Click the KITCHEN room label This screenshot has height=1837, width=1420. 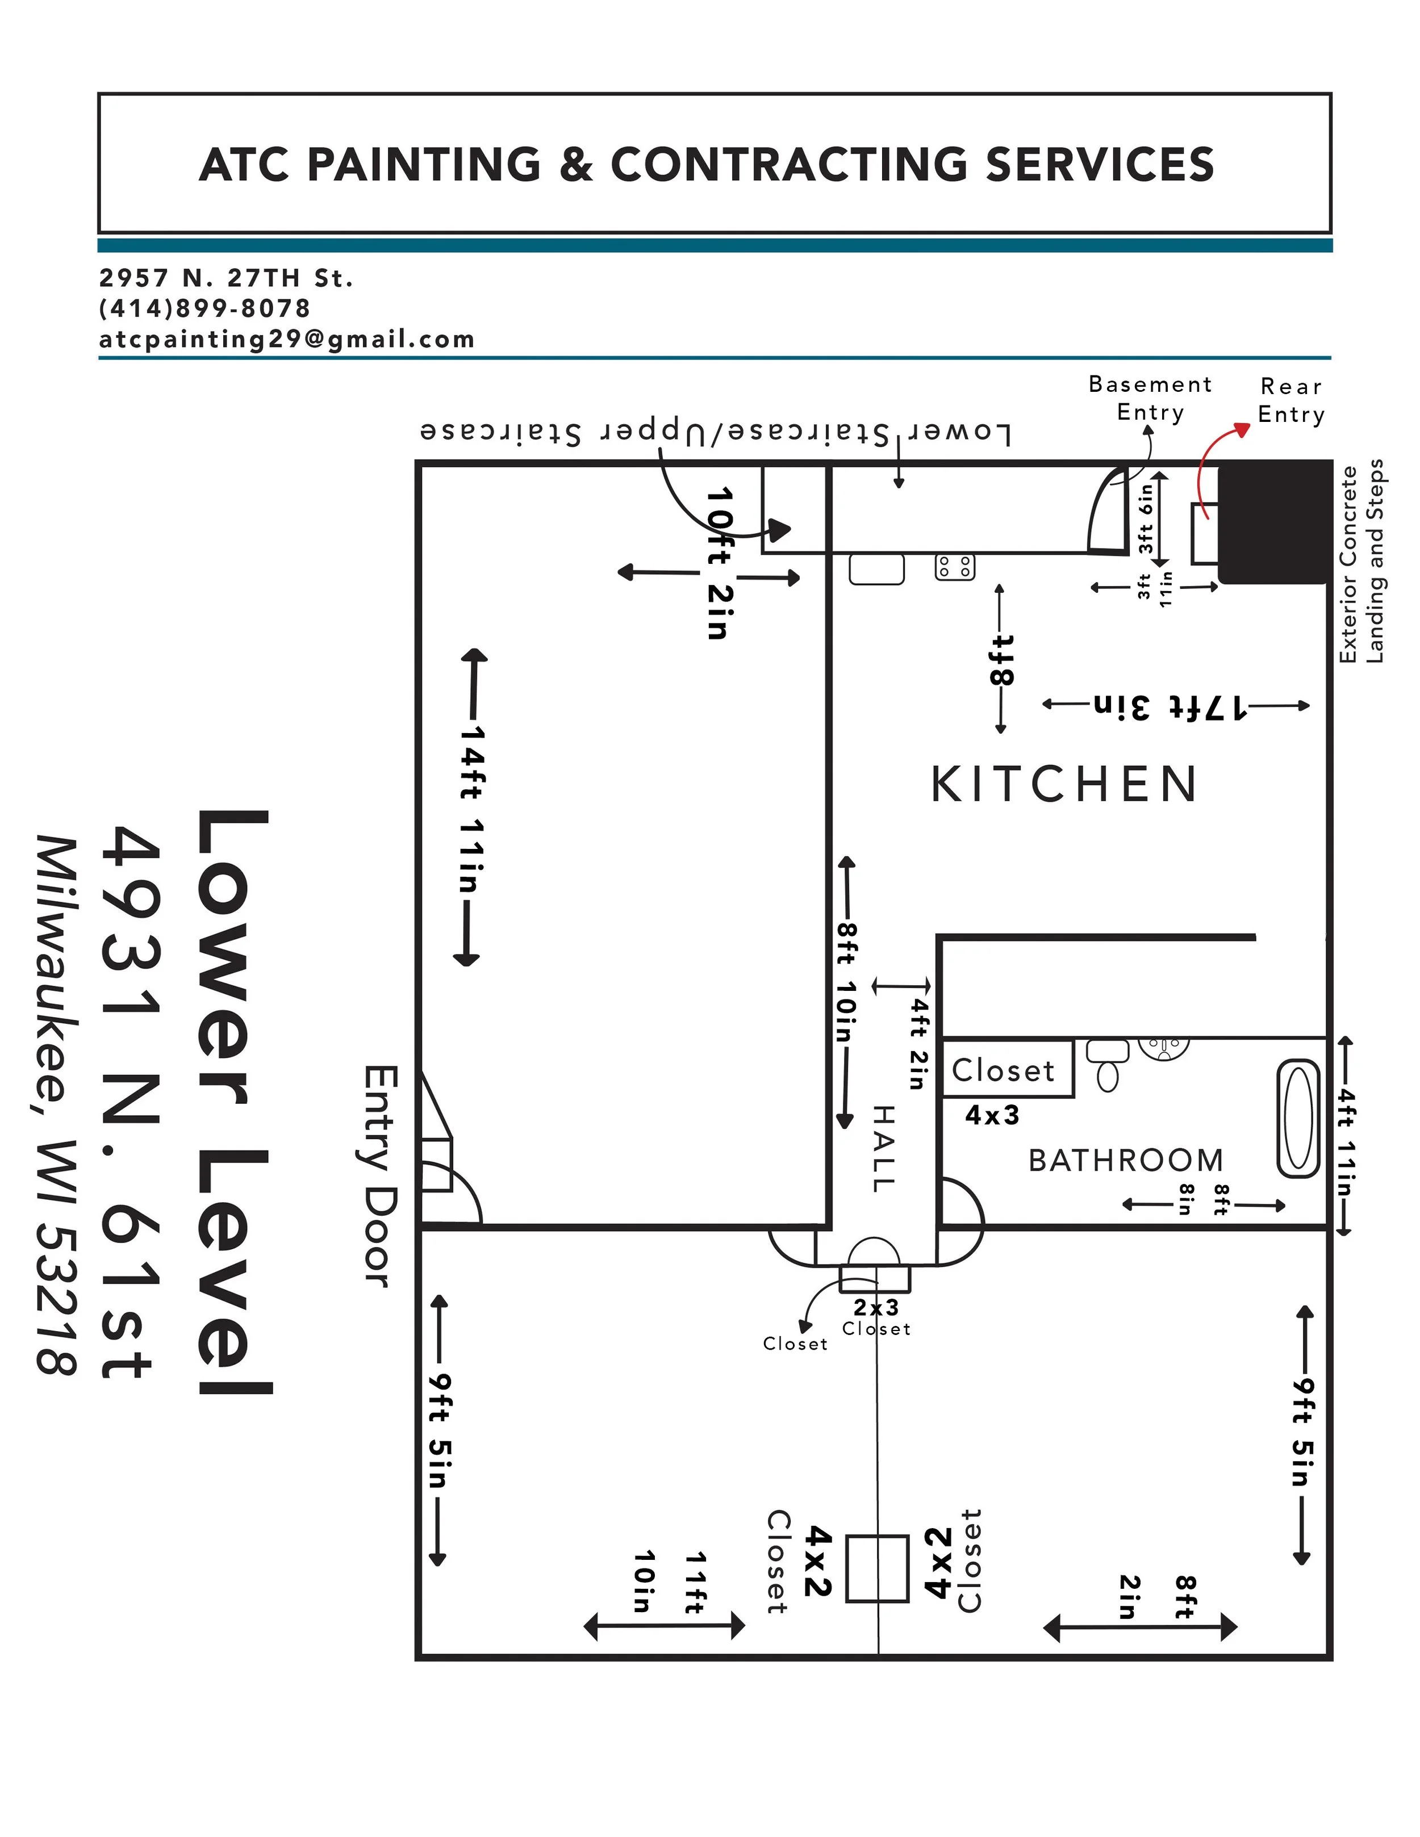pos(1064,785)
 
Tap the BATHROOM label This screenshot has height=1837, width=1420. pos(1126,1161)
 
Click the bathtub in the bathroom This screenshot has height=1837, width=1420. pos(1298,1119)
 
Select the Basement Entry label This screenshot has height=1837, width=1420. pos(1150,398)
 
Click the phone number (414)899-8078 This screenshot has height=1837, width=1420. pos(205,309)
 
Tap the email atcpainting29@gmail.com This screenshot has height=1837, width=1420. pos(287,339)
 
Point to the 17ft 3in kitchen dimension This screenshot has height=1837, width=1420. pos(1170,706)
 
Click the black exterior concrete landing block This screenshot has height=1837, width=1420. pos(1275,521)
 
